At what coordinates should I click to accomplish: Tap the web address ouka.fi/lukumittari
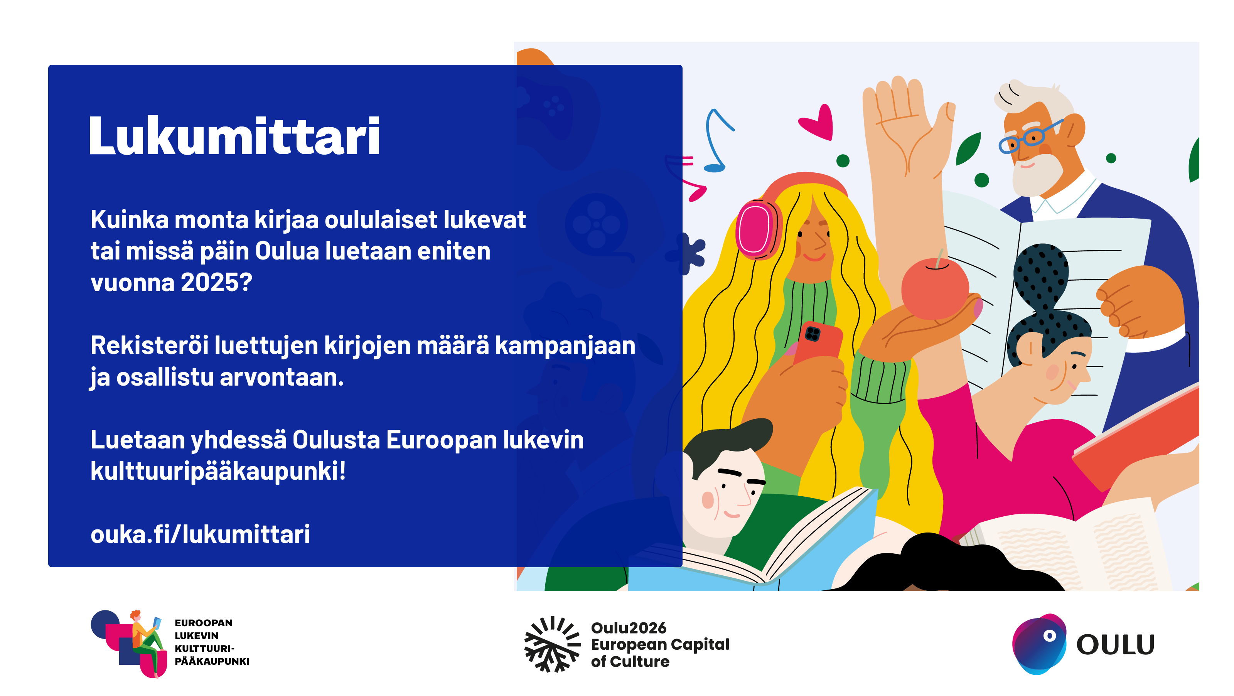[x=200, y=534]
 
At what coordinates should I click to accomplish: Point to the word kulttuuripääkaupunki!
[x=218, y=471]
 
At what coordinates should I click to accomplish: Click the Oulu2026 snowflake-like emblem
[x=552, y=644]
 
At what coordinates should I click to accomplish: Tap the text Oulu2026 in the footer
[x=629, y=627]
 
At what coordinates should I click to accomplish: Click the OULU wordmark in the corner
[x=1115, y=645]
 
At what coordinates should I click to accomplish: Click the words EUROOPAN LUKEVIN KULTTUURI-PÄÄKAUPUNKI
[x=212, y=642]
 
